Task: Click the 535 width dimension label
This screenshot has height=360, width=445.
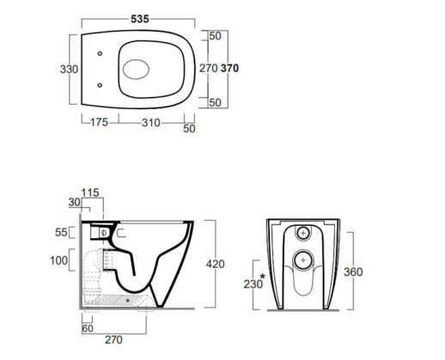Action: pos(140,19)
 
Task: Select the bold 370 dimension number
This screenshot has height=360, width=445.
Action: pos(229,69)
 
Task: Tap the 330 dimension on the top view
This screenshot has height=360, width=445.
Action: pos(69,70)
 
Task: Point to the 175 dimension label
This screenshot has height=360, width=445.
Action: pos(100,122)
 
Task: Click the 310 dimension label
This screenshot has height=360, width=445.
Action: pos(151,123)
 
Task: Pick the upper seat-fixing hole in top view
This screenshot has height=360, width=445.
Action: pos(100,53)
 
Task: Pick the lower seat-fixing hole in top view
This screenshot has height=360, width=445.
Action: pos(100,85)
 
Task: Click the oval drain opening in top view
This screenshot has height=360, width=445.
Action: pos(136,70)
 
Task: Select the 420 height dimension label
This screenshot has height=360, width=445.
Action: pos(216,264)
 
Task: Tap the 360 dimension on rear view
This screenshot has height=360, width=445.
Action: pos(353,272)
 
